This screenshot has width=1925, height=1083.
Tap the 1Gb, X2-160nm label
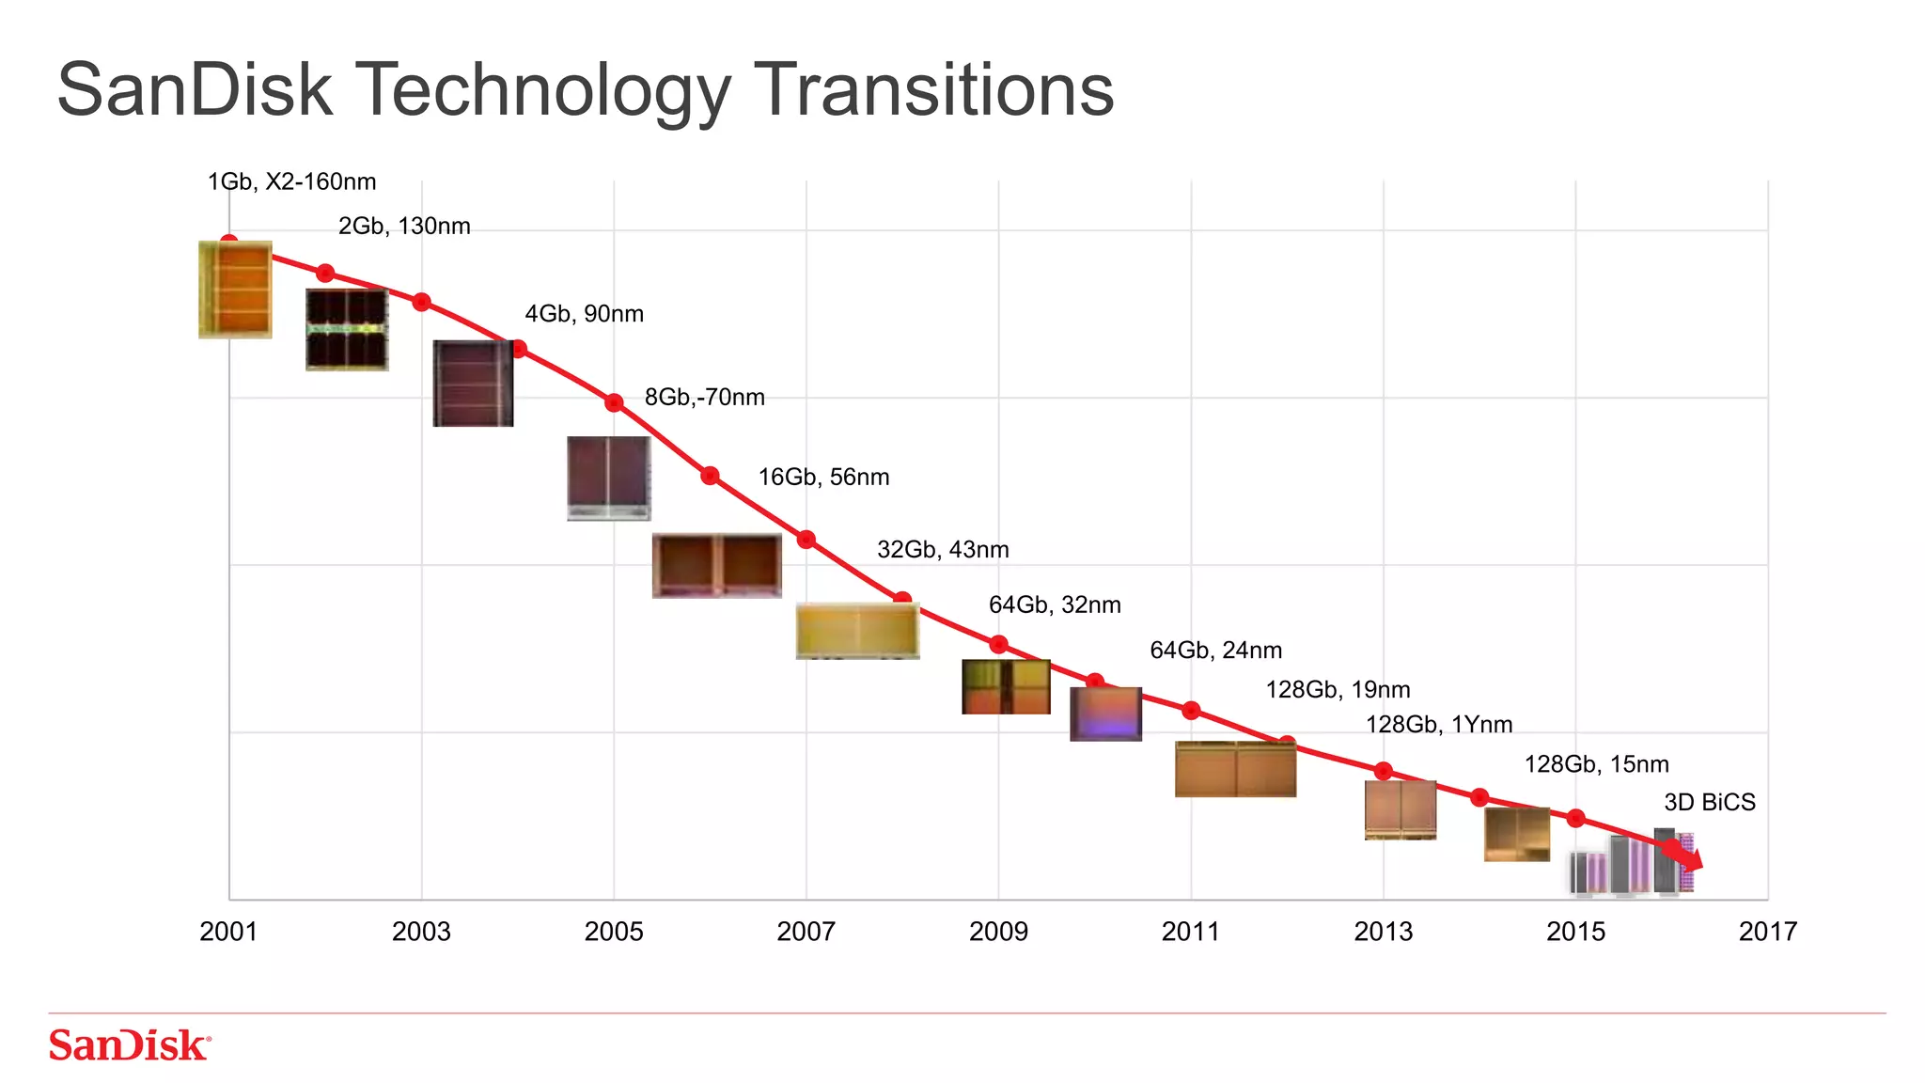[x=291, y=181]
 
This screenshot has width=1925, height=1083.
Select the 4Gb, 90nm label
[x=584, y=314]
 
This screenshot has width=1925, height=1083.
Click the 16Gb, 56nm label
[x=823, y=478]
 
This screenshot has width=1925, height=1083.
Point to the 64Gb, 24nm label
[x=1215, y=651]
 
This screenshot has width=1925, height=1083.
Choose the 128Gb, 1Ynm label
[x=1438, y=725]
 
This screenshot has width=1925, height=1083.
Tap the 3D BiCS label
[x=1709, y=803]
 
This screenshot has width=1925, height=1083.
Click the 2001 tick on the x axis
[x=228, y=932]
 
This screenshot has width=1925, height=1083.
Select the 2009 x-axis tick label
[x=998, y=932]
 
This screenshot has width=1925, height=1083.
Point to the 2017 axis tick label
[x=1767, y=932]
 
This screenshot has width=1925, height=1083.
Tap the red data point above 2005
[x=614, y=402]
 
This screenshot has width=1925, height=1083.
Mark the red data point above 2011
[x=1191, y=710]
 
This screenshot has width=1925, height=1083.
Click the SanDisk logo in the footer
[x=130, y=1045]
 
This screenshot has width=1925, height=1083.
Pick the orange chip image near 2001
[x=235, y=290]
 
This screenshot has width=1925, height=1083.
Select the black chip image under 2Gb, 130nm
[x=347, y=329]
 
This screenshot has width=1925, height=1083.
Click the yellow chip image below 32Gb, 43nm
[x=857, y=631]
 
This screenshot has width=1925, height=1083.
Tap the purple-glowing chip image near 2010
[x=1105, y=714]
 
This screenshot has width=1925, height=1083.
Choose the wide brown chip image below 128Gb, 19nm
[x=1235, y=769]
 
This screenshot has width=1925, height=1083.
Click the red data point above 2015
[x=1575, y=818]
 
